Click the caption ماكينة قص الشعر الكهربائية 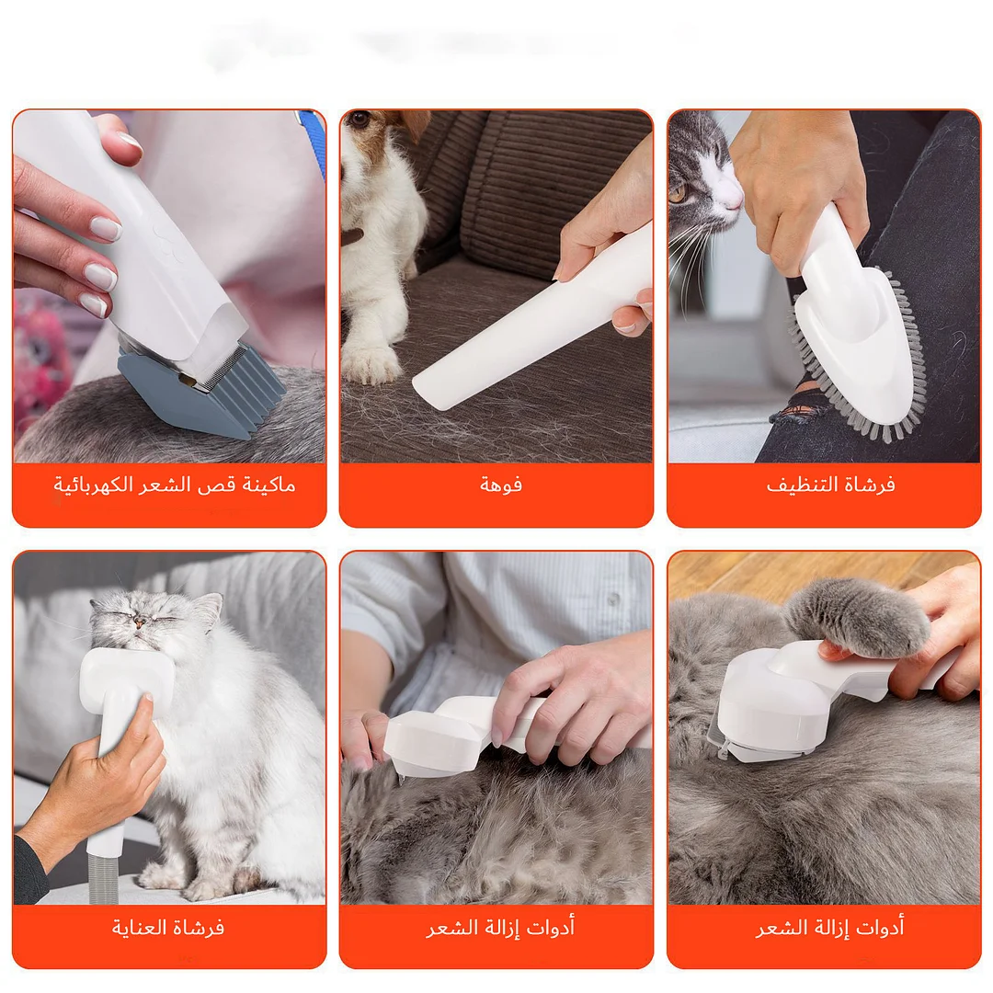174,485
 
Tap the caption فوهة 500,485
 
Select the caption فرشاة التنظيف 830,485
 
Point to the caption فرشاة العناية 168,927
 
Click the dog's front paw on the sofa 369,363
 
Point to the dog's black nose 359,119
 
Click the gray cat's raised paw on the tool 860,616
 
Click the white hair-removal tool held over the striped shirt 441,731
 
